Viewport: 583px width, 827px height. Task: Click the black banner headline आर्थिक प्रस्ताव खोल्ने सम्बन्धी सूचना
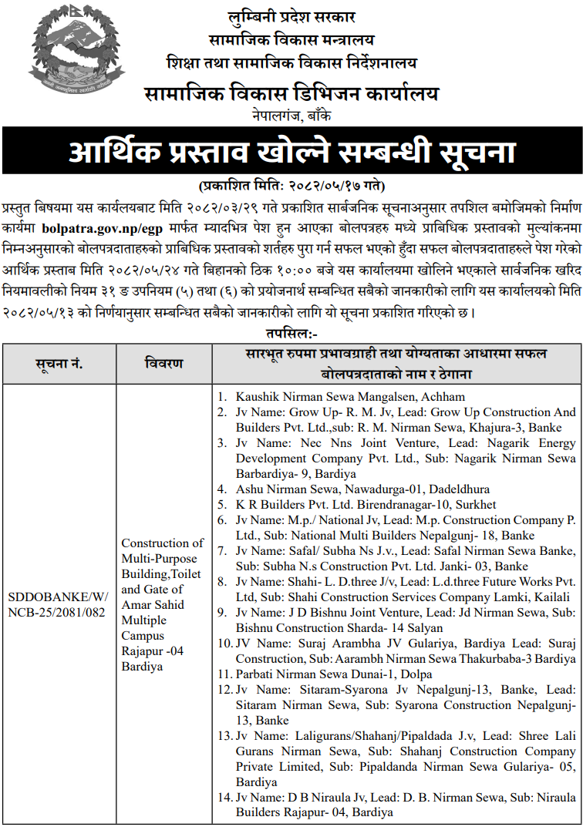[291, 152]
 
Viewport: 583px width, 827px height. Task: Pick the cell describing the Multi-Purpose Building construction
[163, 604]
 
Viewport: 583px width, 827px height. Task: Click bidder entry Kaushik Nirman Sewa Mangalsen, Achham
[350, 397]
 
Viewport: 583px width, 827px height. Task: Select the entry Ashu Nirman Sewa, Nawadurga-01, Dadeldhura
[362, 489]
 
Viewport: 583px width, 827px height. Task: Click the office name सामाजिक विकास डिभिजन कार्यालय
[291, 95]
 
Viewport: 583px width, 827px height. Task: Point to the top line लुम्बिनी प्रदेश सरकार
[291, 17]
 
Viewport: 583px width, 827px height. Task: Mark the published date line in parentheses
[291, 186]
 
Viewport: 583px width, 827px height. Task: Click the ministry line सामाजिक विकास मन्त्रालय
[291, 39]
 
